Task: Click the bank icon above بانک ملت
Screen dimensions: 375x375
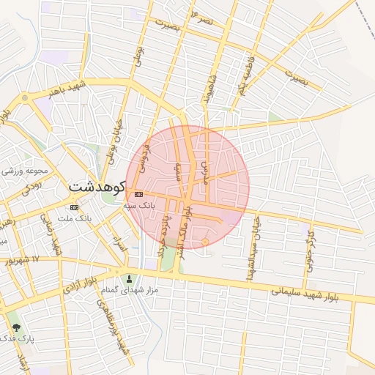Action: (x=75, y=207)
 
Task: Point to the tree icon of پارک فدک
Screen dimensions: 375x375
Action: (x=16, y=328)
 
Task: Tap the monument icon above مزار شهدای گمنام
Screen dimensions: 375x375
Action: (x=130, y=278)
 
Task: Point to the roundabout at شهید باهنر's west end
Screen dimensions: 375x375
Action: (x=26, y=97)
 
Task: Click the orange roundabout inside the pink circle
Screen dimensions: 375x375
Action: (x=205, y=241)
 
